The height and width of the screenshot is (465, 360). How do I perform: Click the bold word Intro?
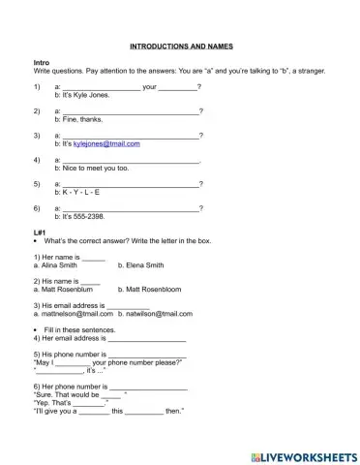pos(42,62)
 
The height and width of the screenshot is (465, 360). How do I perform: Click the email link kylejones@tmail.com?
pos(106,143)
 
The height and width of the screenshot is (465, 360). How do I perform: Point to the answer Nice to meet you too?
pos(94,168)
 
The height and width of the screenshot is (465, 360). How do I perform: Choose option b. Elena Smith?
pos(140,264)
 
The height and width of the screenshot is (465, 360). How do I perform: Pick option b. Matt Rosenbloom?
pos(152,289)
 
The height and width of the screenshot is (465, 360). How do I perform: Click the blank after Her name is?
pos(93,257)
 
